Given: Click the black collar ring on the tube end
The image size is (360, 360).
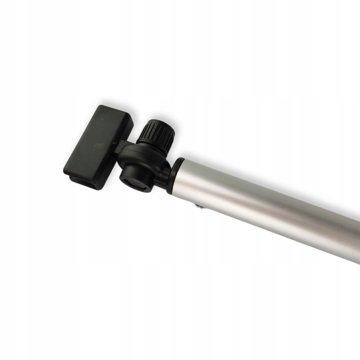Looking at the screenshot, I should [x=174, y=175].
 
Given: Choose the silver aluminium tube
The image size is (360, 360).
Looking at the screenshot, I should [x=267, y=206].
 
